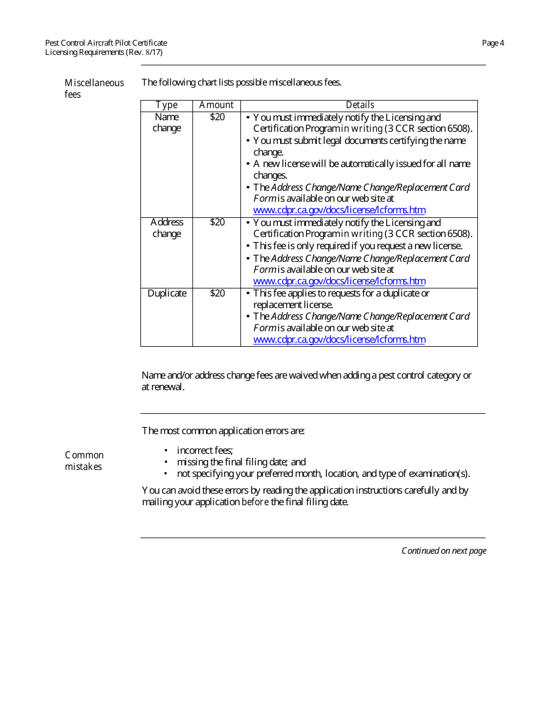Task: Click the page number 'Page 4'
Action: tap(493, 43)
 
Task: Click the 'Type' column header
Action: tap(166, 105)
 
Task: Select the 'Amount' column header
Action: tap(217, 105)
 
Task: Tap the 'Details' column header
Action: tap(359, 105)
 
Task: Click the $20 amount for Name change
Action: tap(217, 117)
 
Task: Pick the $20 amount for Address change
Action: tap(217, 223)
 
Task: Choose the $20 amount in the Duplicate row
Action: tap(217, 294)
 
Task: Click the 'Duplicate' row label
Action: tap(167, 294)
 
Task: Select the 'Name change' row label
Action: tap(166, 123)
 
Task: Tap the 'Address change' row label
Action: tap(166, 228)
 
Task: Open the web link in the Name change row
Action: tap(339, 210)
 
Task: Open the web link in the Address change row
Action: tap(339, 282)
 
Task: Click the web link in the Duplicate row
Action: tap(339, 340)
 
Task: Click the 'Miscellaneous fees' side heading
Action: tap(94, 88)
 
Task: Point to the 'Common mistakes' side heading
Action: tap(84, 461)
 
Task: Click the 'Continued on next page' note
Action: tap(444, 551)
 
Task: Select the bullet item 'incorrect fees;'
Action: tap(205, 450)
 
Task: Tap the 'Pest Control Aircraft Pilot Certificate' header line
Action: tap(106, 43)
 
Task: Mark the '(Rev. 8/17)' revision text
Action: tap(144, 52)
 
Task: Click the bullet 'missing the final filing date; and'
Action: tap(241, 462)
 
